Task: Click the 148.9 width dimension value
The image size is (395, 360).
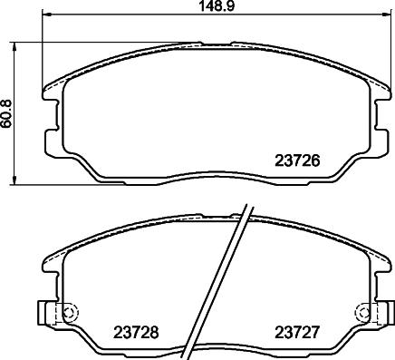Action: point(217,6)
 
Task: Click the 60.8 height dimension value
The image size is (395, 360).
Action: point(6,113)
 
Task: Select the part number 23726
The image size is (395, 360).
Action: point(297,161)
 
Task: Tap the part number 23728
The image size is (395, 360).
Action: point(136,333)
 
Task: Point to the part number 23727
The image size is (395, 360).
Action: point(296,333)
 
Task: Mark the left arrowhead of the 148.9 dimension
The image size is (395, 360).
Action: point(46,14)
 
